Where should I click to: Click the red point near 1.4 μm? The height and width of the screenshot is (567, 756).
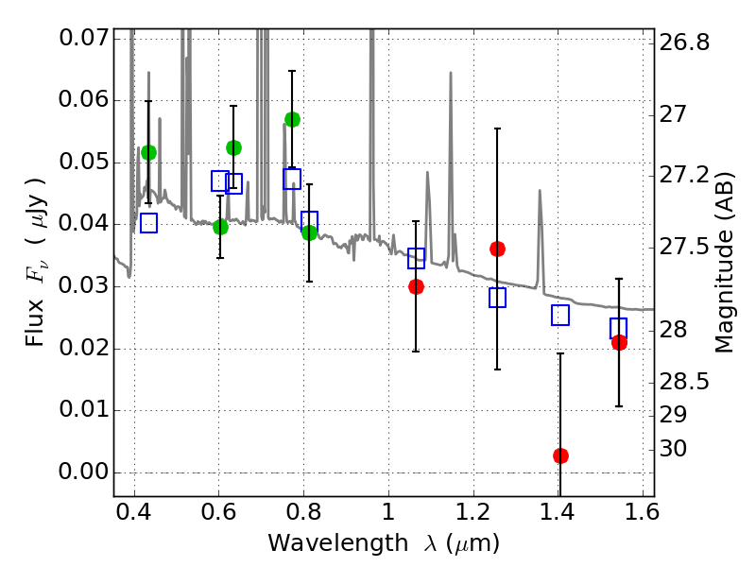560,455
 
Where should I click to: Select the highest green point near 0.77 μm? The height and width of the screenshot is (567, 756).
292,119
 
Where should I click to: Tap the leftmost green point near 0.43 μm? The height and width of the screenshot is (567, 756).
148,152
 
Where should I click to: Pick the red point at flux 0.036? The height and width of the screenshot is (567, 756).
497,249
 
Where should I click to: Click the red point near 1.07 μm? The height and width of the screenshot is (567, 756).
416,286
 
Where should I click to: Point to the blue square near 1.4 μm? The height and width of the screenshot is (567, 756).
560,316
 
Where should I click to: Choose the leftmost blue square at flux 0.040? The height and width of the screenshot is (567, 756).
148,223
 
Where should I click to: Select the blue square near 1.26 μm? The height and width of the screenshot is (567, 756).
497,298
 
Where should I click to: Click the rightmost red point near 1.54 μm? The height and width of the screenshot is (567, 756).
619,342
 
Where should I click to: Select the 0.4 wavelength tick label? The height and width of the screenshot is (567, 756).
135,517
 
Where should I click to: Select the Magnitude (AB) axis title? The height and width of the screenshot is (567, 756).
725,262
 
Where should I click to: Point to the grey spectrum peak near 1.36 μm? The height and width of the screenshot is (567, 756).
540,191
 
